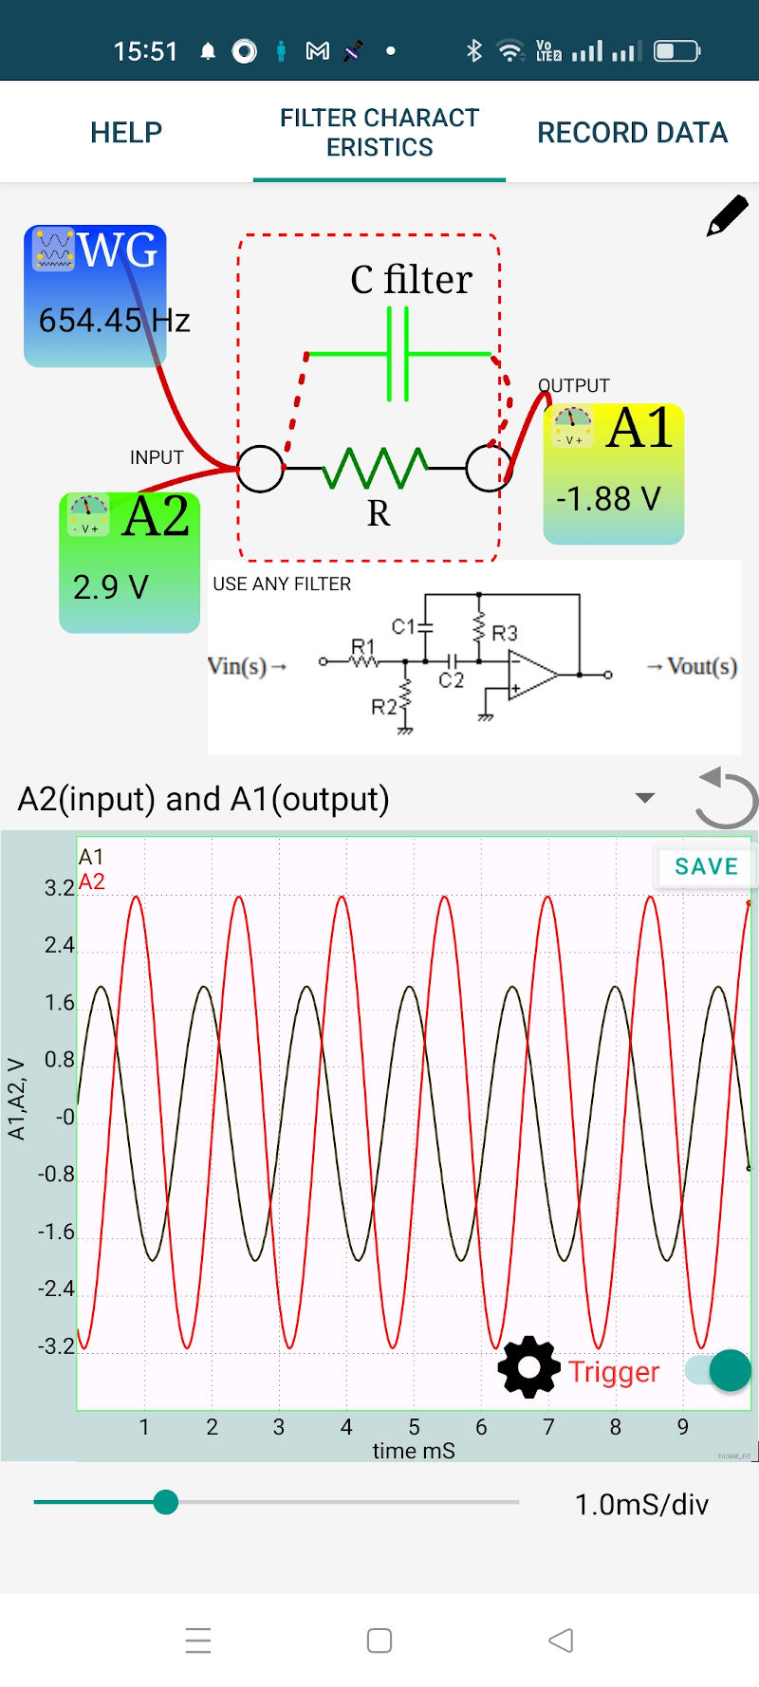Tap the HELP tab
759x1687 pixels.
point(126,132)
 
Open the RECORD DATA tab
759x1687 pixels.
point(632,132)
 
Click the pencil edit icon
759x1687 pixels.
point(728,215)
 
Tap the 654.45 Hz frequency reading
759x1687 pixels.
point(114,321)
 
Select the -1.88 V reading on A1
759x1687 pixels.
point(608,498)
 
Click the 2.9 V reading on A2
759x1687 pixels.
point(111,587)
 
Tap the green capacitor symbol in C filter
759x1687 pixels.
point(398,355)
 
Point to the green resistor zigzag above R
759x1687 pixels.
point(376,467)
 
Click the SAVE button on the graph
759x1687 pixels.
point(706,866)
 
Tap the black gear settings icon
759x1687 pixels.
point(528,1367)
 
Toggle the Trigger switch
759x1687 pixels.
point(720,1370)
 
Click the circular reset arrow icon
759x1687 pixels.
point(726,798)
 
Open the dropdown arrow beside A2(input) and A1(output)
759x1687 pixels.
point(645,798)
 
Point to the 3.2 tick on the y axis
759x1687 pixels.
point(59,888)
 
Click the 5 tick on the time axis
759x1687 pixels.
point(414,1427)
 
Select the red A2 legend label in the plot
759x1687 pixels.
point(92,881)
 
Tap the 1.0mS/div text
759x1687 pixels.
point(641,1505)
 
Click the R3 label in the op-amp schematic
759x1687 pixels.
point(505,633)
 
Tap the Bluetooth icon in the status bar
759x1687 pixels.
point(474,50)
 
